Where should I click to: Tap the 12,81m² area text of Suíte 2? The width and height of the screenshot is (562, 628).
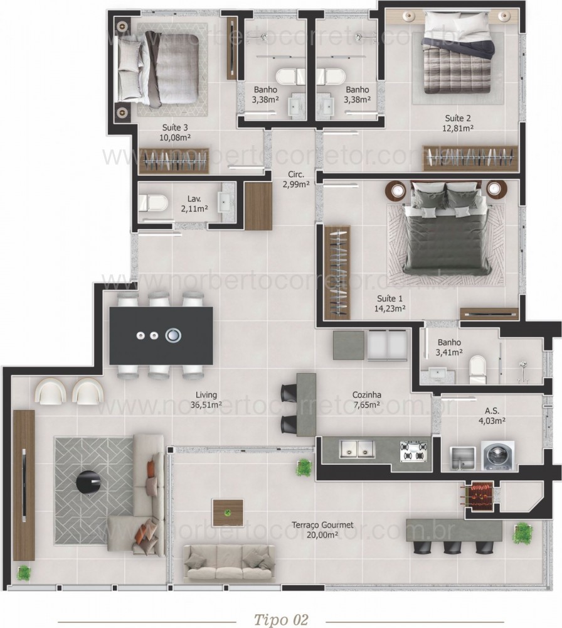(458, 127)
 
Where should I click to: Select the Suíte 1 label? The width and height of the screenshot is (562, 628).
(391, 298)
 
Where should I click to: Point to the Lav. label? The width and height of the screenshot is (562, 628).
(193, 198)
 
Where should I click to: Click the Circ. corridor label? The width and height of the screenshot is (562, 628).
(296, 175)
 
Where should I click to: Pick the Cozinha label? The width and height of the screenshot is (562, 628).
(367, 395)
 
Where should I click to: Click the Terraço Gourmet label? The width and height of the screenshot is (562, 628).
(322, 525)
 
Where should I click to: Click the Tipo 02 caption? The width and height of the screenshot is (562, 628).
(281, 620)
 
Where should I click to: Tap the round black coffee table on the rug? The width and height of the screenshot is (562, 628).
(87, 482)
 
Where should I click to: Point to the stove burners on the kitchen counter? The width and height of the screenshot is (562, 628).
(414, 450)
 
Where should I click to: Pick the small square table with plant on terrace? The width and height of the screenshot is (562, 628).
(228, 512)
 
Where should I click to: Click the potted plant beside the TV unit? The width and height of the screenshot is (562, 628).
(24, 573)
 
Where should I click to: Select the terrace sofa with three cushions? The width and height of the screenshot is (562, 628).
(229, 561)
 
